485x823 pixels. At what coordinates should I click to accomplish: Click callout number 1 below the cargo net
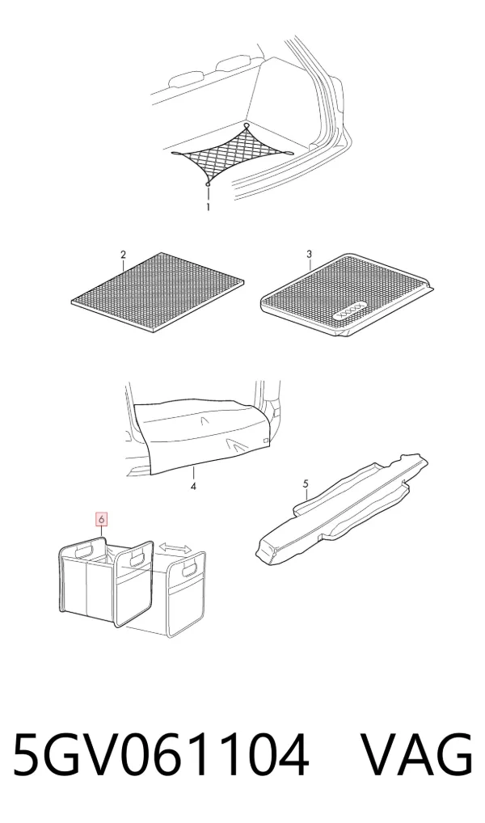click(x=208, y=207)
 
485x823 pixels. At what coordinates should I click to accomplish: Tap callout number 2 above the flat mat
click(x=124, y=255)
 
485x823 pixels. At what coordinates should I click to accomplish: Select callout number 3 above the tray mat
click(x=309, y=254)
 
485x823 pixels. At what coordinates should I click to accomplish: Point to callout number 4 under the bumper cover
click(x=193, y=487)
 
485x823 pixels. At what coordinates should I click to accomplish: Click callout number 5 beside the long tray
click(x=306, y=483)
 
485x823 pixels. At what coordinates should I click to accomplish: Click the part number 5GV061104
click(x=160, y=754)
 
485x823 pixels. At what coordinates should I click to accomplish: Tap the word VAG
click(x=418, y=754)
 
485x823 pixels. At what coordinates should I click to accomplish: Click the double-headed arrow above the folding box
click(x=176, y=547)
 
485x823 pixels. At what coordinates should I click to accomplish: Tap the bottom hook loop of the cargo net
click(x=208, y=184)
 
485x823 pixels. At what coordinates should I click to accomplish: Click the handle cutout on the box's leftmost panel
click(x=85, y=551)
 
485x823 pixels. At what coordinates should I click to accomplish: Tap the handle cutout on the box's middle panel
click(x=137, y=560)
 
